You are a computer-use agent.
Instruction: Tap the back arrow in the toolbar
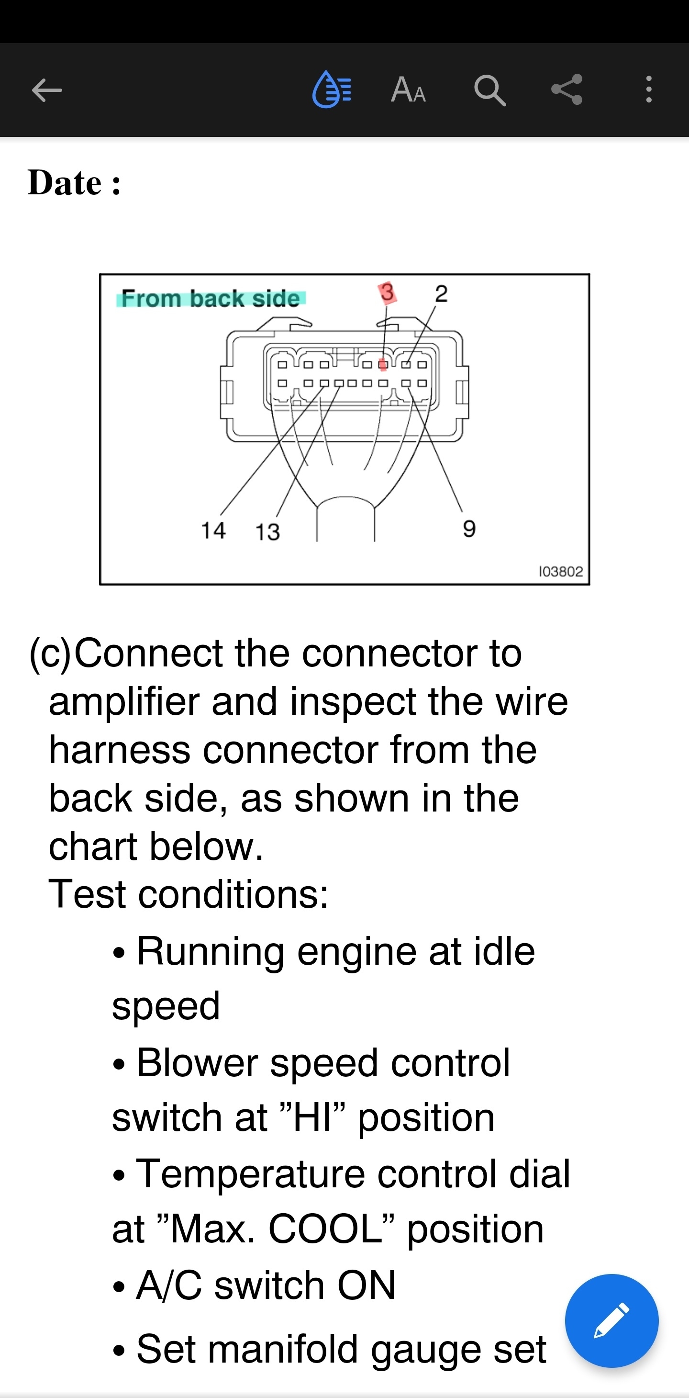[x=47, y=90]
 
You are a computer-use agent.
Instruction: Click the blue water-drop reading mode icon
[x=332, y=90]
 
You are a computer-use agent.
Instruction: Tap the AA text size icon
[x=408, y=90]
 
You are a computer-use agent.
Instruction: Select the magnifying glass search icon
[x=489, y=90]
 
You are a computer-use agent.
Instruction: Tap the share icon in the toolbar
[x=567, y=90]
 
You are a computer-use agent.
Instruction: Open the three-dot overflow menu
[x=648, y=90]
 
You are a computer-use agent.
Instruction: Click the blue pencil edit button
[x=611, y=1320]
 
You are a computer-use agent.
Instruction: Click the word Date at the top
[x=65, y=182]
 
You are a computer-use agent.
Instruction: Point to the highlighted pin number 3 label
[x=387, y=293]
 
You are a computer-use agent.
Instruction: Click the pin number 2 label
[x=441, y=293]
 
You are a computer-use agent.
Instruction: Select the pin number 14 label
[x=213, y=530]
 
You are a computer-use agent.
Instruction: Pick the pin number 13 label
[x=267, y=532]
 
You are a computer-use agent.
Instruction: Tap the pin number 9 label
[x=469, y=528]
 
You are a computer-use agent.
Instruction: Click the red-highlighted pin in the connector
[x=383, y=364]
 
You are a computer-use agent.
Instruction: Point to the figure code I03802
[x=560, y=572]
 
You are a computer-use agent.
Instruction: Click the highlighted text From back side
[x=211, y=298]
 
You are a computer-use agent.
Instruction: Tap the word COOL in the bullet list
[x=325, y=1229]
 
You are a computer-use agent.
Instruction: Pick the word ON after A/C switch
[x=366, y=1285]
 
